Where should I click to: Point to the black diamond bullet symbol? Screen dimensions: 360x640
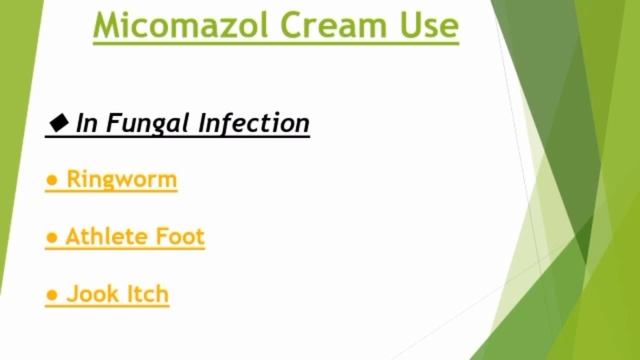[58, 123]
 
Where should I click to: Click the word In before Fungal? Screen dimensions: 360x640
[87, 123]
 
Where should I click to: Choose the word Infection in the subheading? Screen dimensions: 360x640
[254, 123]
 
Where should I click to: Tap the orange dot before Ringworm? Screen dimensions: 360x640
[51, 181]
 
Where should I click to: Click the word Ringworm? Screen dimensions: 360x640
[122, 180]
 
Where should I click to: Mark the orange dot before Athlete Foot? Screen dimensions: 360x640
[51, 238]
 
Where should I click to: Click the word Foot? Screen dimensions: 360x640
[180, 237]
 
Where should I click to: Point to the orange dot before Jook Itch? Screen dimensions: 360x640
[51, 295]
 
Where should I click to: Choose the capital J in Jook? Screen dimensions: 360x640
[72, 294]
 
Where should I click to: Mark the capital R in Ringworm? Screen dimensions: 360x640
[74, 180]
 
